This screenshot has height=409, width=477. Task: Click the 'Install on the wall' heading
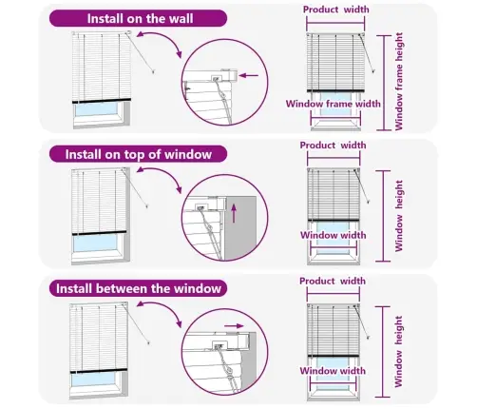[x=140, y=18]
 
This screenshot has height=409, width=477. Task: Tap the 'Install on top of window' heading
[x=139, y=154]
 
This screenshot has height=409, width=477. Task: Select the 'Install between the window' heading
[x=139, y=288]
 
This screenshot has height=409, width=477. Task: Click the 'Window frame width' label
[x=334, y=104]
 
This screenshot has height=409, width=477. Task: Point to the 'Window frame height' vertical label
[x=399, y=81]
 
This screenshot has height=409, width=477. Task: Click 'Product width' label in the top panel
[x=336, y=10]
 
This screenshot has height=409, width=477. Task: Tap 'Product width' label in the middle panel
[x=333, y=146]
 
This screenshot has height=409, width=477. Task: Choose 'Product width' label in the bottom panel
[x=333, y=281]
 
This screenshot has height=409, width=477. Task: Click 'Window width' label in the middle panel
[x=334, y=235]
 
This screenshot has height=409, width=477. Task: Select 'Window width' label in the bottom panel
[x=333, y=371]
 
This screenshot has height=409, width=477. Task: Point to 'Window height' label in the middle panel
[x=399, y=216]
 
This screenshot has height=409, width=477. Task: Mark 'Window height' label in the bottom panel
[x=398, y=351]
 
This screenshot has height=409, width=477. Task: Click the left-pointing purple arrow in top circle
[x=249, y=75]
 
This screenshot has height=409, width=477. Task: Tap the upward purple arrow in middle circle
[x=234, y=213]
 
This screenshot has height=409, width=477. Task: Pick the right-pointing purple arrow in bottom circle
[x=234, y=325]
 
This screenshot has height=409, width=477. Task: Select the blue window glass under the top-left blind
[x=96, y=108]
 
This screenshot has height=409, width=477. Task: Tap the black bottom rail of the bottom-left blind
[x=99, y=371]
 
